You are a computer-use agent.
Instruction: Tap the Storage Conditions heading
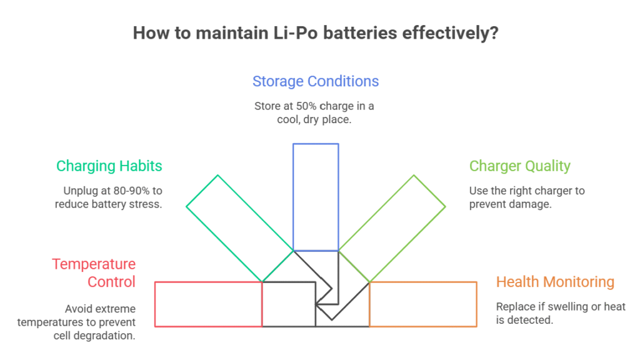click(316, 81)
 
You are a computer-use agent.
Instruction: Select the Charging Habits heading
click(109, 166)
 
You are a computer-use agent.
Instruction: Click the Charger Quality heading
click(520, 166)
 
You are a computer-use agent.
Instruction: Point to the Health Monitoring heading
click(555, 282)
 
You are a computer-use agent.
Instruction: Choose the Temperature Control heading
click(94, 273)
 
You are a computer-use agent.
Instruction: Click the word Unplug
click(79, 191)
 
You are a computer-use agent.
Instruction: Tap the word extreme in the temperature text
click(116, 309)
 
